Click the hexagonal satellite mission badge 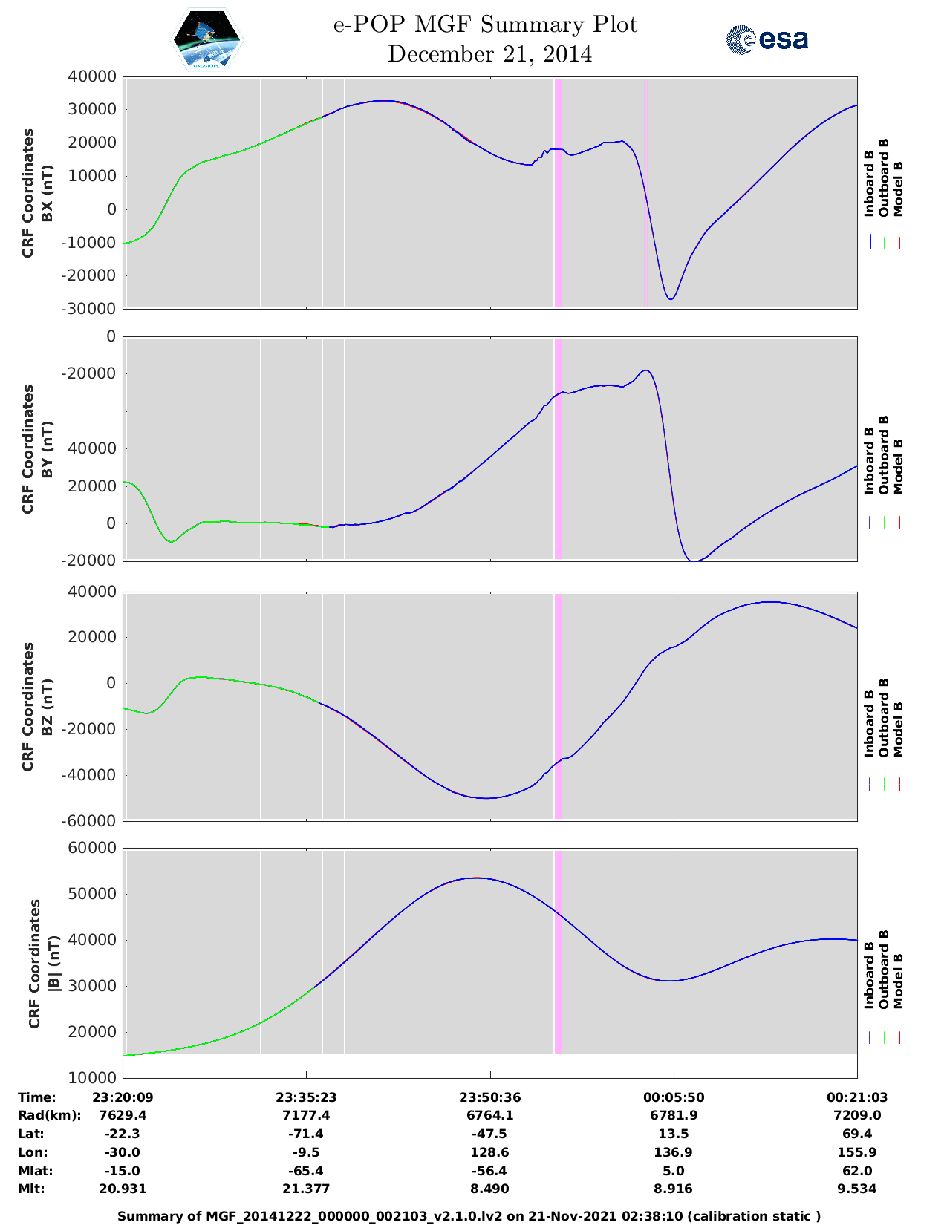click(206, 39)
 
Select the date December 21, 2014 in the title click(489, 54)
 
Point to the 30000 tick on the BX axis click(92, 109)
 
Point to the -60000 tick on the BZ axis click(88, 821)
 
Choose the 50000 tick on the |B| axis click(92, 894)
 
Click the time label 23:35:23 click(306, 1097)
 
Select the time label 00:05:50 click(674, 1097)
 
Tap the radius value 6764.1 click(489, 1115)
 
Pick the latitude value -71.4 click(306, 1134)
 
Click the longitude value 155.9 click(856, 1152)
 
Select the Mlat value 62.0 click(856, 1171)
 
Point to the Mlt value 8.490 click(489, 1189)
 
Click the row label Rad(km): click(50, 1116)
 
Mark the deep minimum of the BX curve click(671, 298)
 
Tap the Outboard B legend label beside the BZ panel click(884, 718)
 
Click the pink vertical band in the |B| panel click(558, 952)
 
